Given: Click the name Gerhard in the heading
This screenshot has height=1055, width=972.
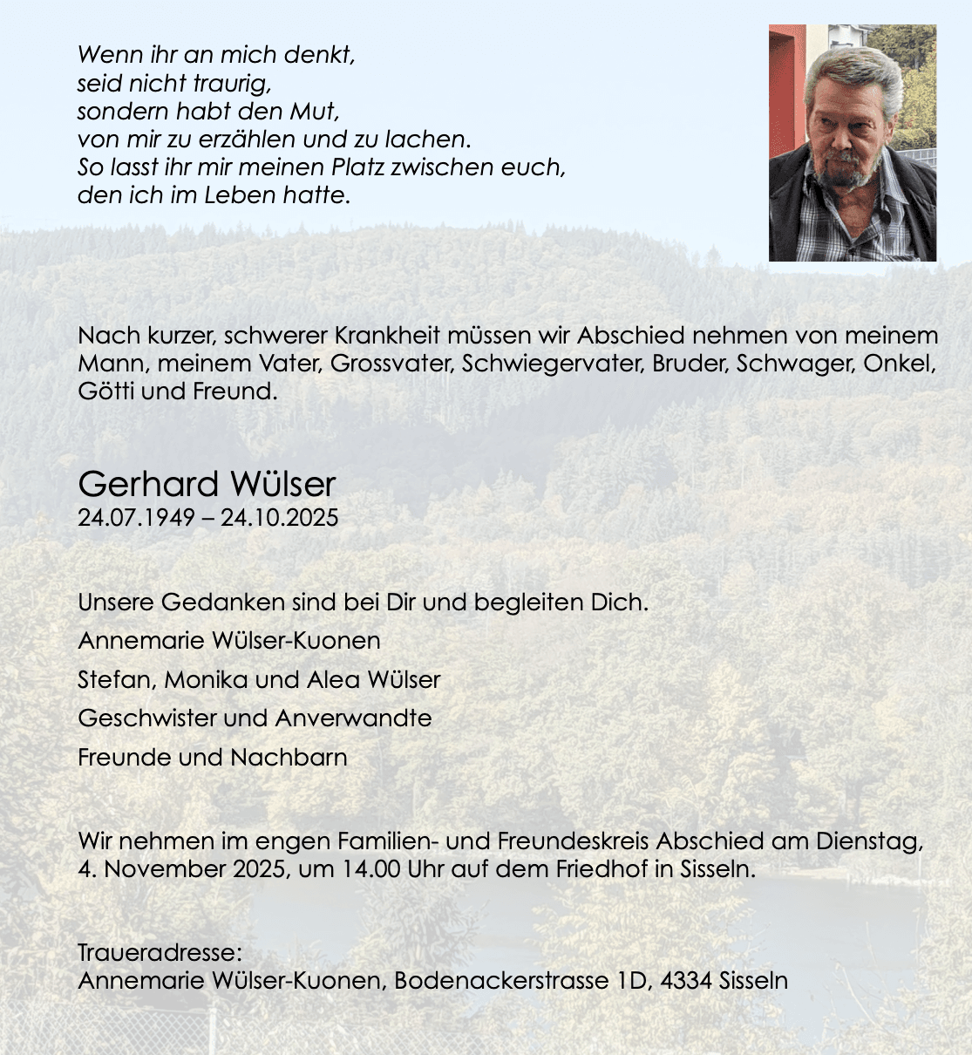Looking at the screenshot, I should [x=147, y=484].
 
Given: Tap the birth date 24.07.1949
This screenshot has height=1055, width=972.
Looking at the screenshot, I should [x=136, y=518].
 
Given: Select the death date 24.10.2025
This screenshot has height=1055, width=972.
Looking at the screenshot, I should [x=279, y=518].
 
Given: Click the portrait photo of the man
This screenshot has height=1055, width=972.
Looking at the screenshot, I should [x=852, y=143].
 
